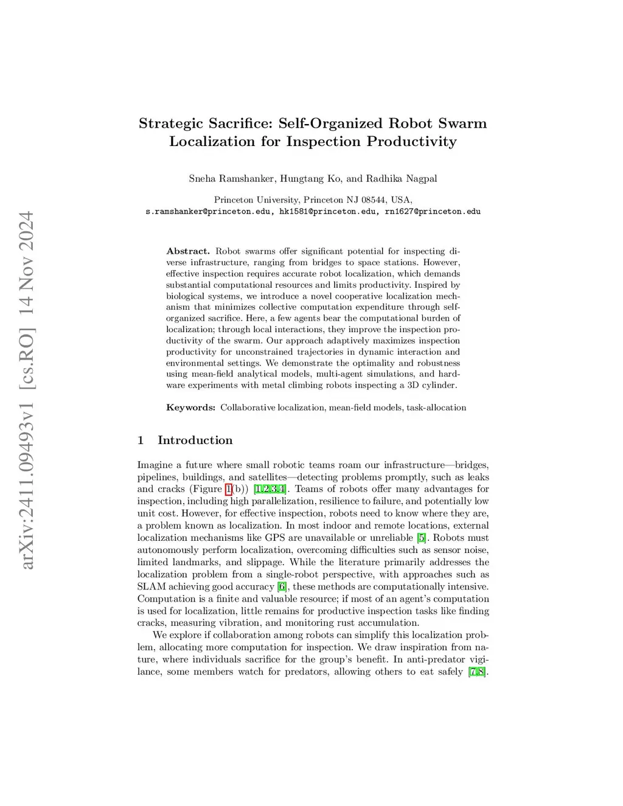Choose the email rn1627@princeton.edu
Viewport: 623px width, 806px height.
[x=433, y=212]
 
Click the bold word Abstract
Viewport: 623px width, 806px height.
[x=187, y=251]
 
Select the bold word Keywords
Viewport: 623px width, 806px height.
[x=190, y=408]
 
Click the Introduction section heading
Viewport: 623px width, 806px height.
[x=195, y=440]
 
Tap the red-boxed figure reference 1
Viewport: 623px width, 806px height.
[x=228, y=489]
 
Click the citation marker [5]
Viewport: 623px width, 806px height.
[x=422, y=538]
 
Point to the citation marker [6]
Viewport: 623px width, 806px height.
[x=282, y=586]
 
